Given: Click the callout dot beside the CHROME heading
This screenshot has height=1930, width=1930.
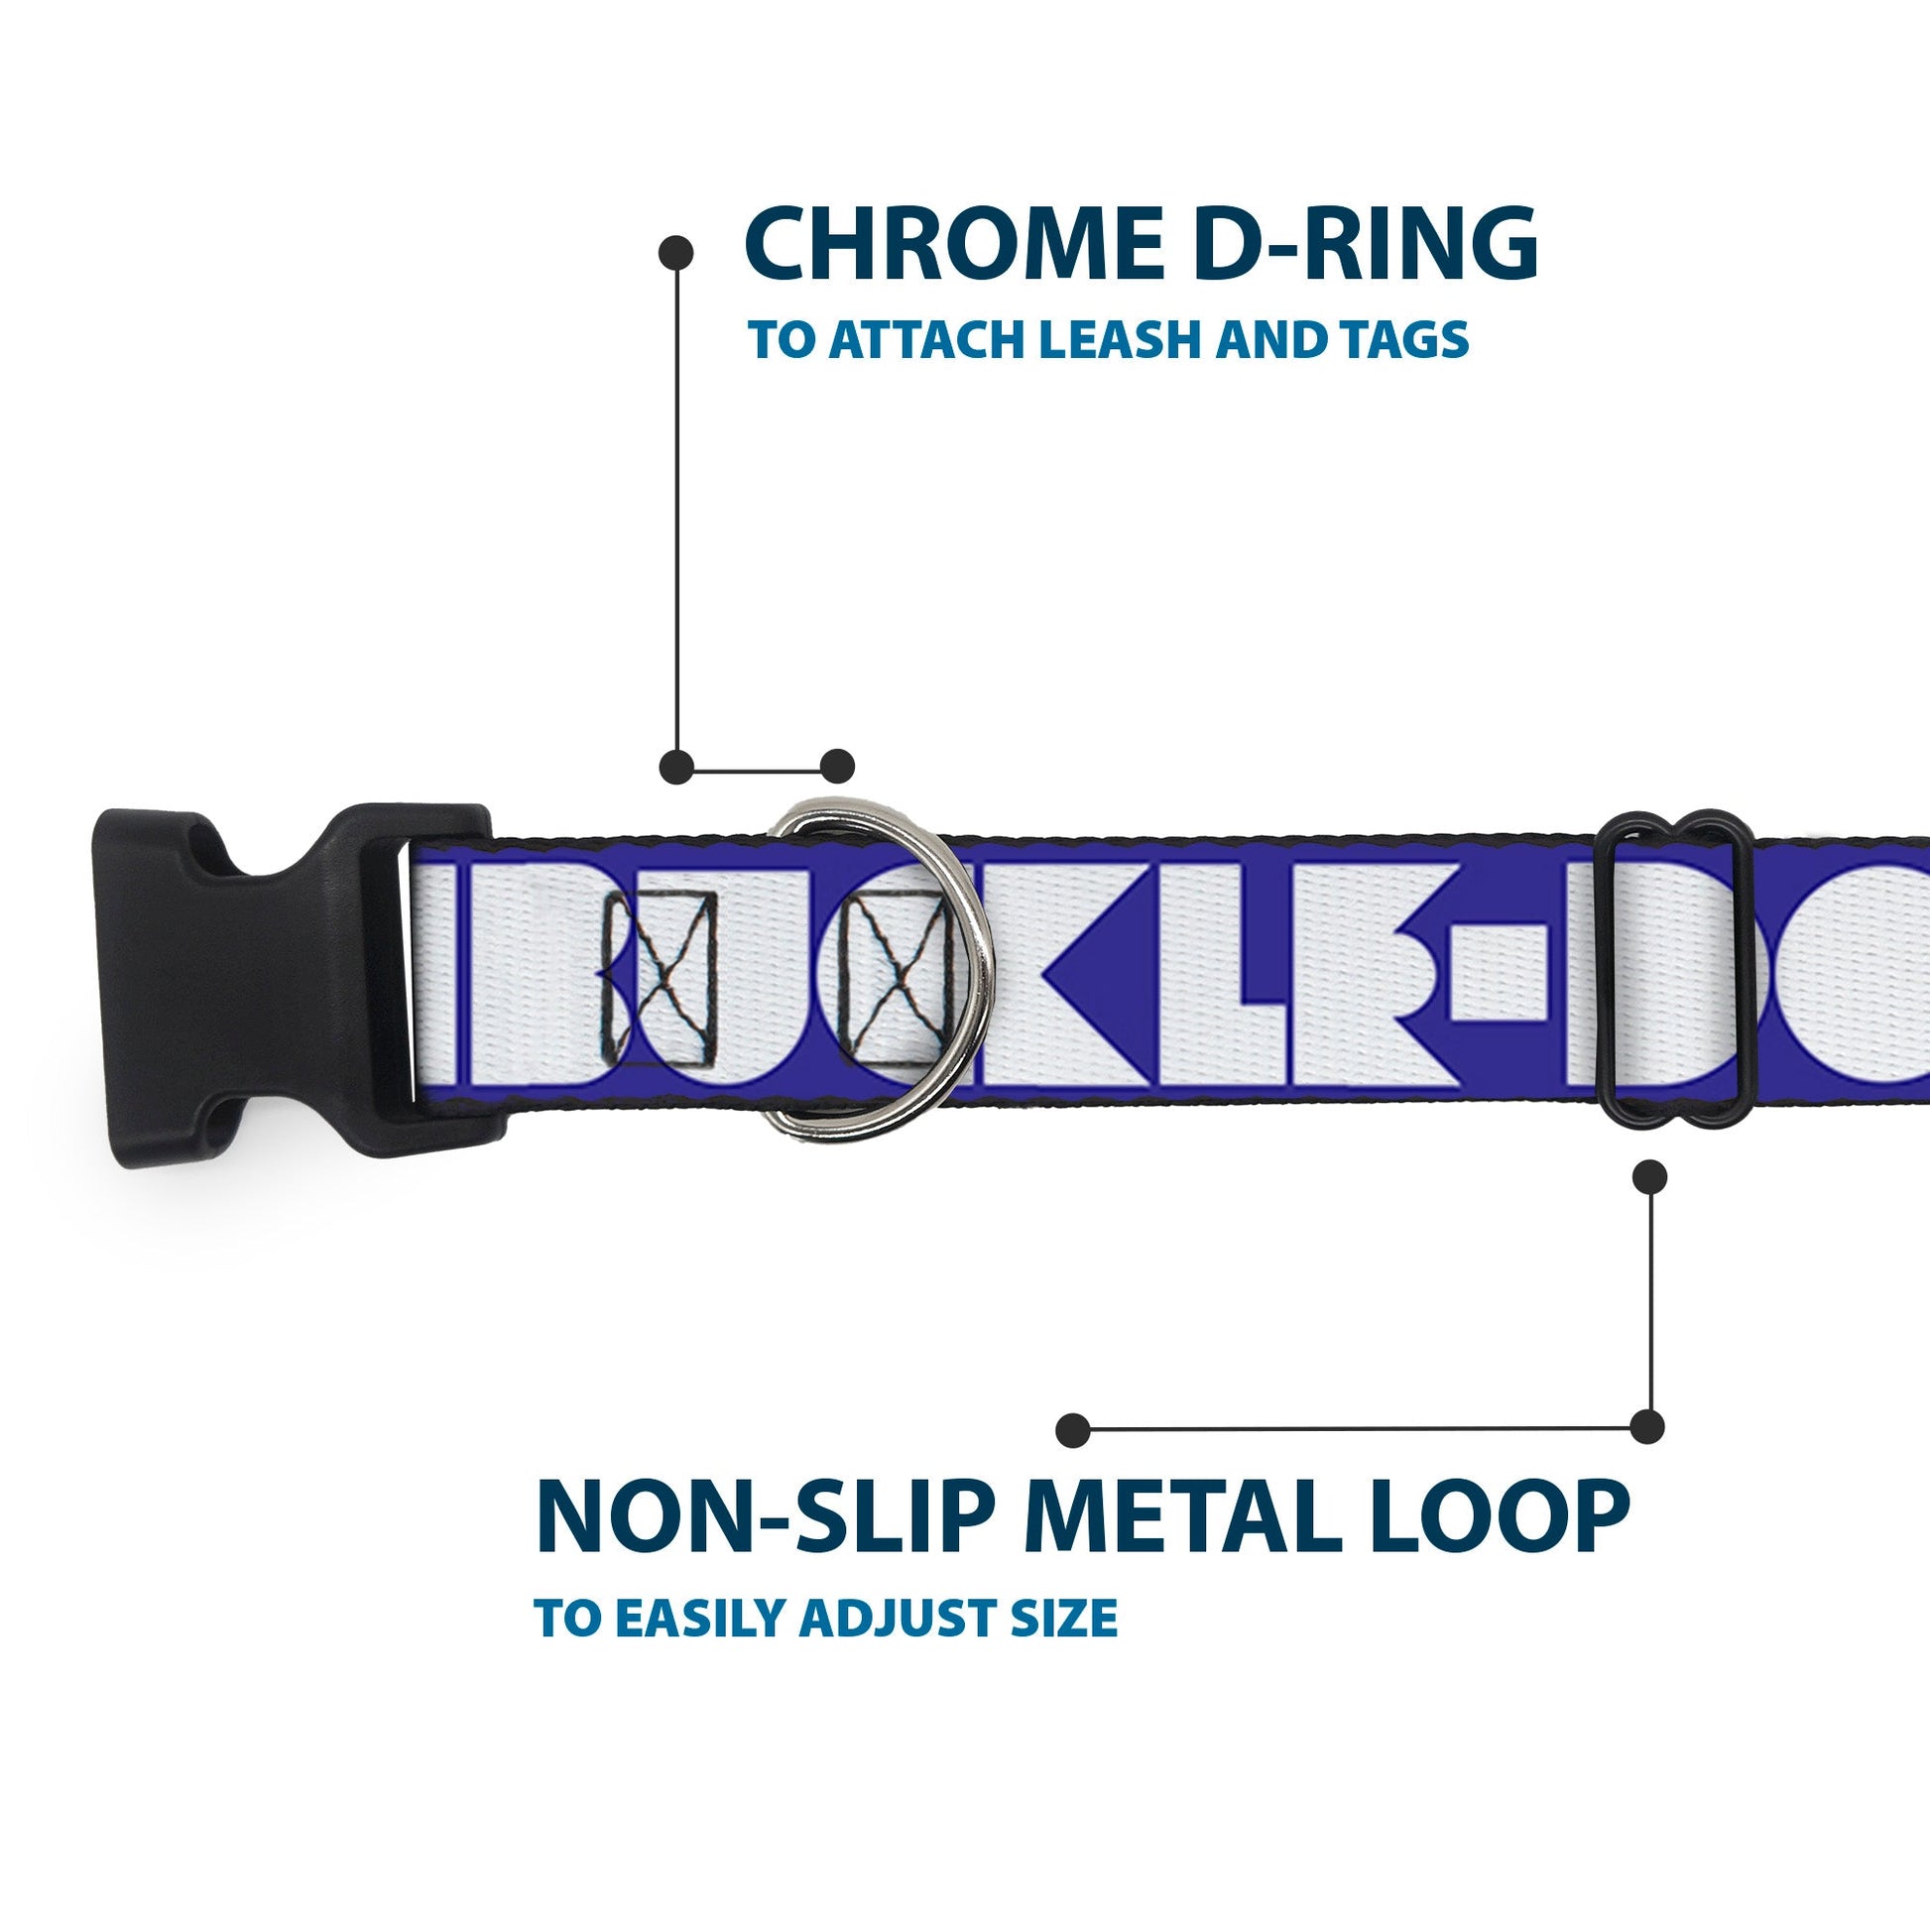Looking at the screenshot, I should (x=677, y=253).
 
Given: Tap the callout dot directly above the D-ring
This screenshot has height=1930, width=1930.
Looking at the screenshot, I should (x=837, y=767).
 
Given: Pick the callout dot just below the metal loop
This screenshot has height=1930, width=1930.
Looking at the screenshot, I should (x=1649, y=1176).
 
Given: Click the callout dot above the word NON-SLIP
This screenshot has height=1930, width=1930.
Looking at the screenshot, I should (x=1073, y=1429).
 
